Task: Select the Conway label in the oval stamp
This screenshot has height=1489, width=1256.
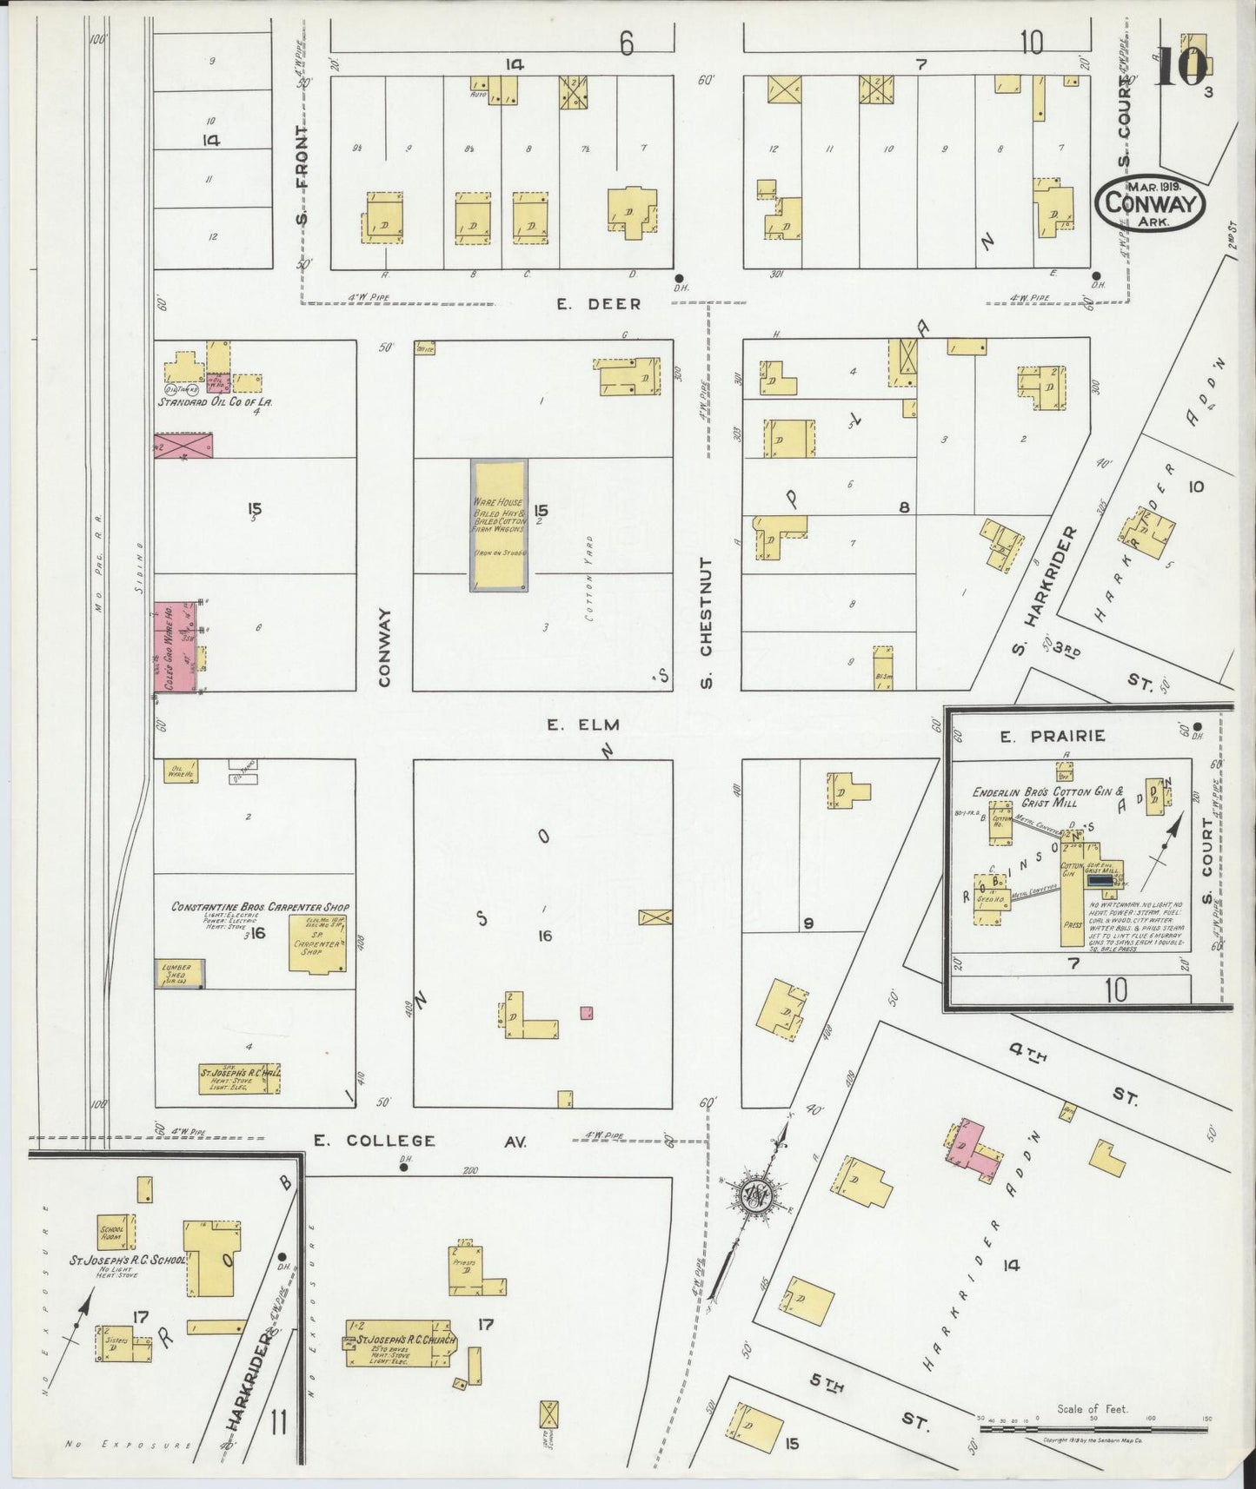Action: pos(1149,203)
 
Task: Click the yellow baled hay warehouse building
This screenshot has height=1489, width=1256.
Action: pos(498,526)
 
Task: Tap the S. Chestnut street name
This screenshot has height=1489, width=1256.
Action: pos(706,622)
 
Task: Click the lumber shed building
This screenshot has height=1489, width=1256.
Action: pos(180,974)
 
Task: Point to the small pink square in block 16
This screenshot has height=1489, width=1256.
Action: pos(587,1012)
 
